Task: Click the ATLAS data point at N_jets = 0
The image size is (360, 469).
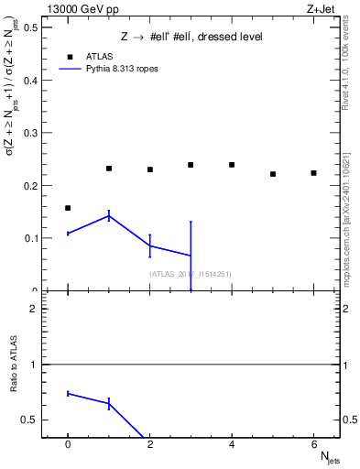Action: pos(68,208)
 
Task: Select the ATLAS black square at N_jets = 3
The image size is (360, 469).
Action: pos(191,165)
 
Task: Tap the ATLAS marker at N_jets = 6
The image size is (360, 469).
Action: pos(313,173)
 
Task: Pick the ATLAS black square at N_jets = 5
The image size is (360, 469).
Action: pos(273,174)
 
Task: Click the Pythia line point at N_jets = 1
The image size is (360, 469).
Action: pos(109,215)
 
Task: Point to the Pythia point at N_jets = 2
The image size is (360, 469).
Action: pos(149,245)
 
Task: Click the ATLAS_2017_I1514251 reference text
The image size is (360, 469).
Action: pos(190,274)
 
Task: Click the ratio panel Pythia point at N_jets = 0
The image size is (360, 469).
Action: pos(68,393)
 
